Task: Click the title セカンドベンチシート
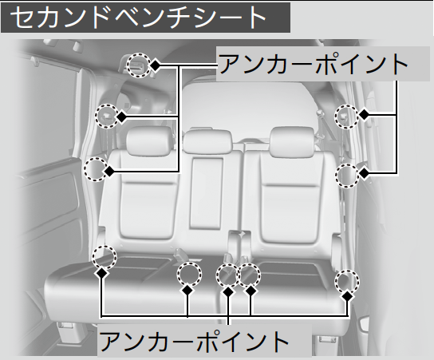[x=138, y=18]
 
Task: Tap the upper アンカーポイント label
[x=314, y=64]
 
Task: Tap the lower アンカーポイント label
[x=194, y=340]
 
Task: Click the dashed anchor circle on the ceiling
[x=139, y=65]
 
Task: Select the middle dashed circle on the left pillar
[x=107, y=116]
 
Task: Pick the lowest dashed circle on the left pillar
[x=96, y=169]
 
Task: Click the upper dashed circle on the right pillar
[x=347, y=117]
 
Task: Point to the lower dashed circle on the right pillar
[x=347, y=176]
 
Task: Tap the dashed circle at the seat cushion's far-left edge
[x=105, y=258]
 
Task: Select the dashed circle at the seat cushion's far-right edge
[x=347, y=282]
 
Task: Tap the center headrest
[x=208, y=140]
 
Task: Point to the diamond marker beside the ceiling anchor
[x=155, y=65]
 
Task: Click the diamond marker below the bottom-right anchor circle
[x=348, y=296]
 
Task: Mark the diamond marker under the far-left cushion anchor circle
[x=102, y=273]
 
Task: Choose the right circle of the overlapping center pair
[x=249, y=275]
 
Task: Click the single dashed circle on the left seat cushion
[x=189, y=274]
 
